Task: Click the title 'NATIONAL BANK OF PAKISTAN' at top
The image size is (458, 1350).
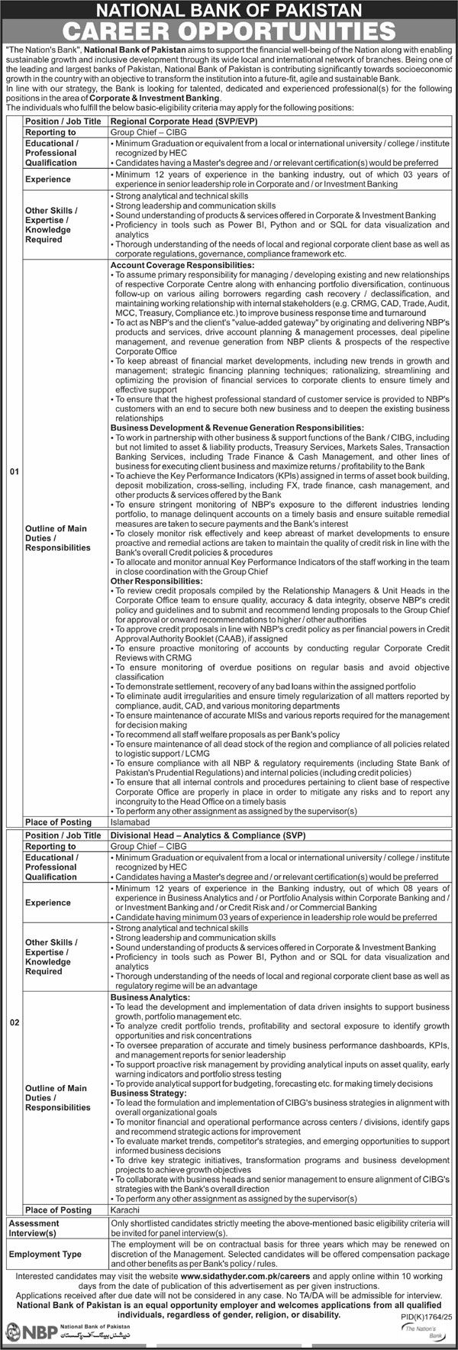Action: click(x=229, y=10)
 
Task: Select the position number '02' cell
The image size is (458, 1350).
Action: click(x=13, y=1022)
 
